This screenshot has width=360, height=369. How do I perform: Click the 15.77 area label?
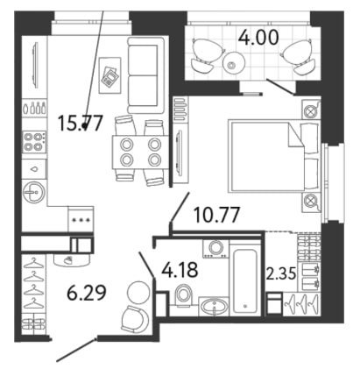tap(81, 123)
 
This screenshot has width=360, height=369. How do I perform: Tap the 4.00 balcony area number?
tap(258, 38)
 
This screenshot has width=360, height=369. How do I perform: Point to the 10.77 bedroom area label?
tap(217, 215)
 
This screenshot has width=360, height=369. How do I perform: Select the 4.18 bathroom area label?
tap(180, 270)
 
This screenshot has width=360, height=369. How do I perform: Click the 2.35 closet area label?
tap(281, 273)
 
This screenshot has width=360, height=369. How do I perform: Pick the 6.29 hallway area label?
tap(87, 293)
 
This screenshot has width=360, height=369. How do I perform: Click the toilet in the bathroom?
tap(183, 295)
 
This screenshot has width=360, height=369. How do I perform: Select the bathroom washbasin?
tap(214, 306)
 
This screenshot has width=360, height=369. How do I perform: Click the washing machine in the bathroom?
tap(215, 249)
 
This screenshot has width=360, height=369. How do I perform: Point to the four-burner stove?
tap(34, 142)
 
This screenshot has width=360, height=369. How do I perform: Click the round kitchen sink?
tap(34, 192)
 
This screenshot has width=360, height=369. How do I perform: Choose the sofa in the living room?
tap(146, 75)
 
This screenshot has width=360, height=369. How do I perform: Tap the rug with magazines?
tap(110, 75)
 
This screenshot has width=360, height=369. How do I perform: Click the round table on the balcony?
tap(233, 64)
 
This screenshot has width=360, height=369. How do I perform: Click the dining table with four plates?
tap(140, 152)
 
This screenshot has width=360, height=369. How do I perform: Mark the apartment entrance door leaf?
tap(76, 350)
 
